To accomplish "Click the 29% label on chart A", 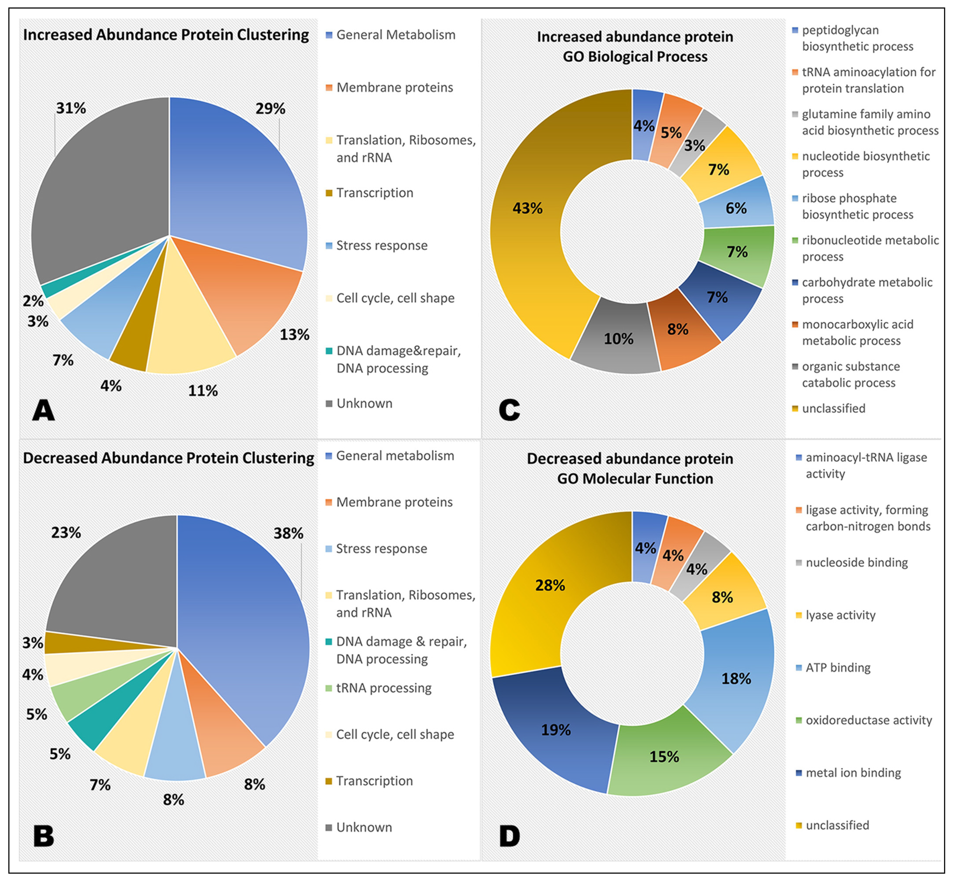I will pos(270,109).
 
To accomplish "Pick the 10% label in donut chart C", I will pos(618,339).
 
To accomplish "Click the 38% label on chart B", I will pos(288,533).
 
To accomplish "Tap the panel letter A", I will pos(44,410).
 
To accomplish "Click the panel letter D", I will pos(509,836).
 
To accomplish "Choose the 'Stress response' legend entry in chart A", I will pos(382,246).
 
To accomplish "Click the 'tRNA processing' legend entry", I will pos(383,688).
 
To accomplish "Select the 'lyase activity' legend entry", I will pos(840,615).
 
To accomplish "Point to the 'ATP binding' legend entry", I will pos(838,668).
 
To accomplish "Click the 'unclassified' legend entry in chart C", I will pos(834,409).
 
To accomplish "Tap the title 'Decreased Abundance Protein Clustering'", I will pos(169,458).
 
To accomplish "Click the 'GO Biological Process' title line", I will pos(635,57).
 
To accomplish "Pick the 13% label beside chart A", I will pos(294,335).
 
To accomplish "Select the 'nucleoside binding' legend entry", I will pos(856,563).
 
